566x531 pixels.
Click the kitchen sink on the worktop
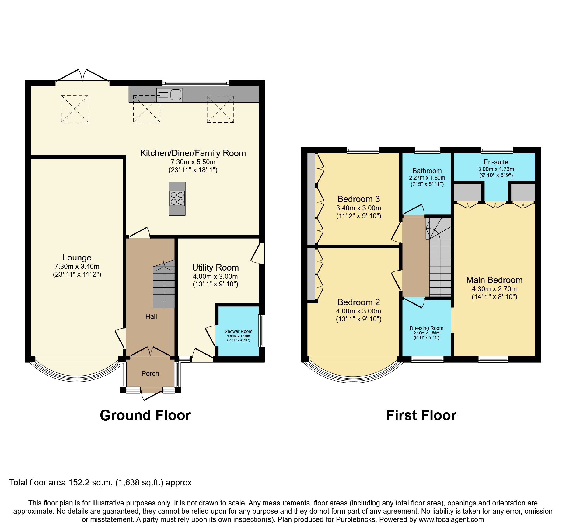point(170,94)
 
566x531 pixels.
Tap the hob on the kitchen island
point(177,198)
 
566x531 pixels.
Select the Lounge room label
point(77,258)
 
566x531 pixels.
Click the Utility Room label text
point(215,268)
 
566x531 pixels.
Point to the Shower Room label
point(238,331)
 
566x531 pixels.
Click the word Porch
point(150,374)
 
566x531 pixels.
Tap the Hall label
point(151,317)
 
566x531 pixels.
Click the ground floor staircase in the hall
point(164,286)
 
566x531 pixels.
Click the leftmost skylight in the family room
point(75,109)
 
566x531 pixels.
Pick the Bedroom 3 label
point(358,199)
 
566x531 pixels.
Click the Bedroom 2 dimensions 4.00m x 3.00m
point(358,311)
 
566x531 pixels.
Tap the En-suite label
point(496,162)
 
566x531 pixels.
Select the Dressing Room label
point(426,328)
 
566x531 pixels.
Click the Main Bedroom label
point(494,280)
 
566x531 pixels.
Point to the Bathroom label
point(427,171)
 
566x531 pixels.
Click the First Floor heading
point(421,416)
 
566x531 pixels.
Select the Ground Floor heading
point(145,416)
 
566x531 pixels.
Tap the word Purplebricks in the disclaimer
point(355,519)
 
